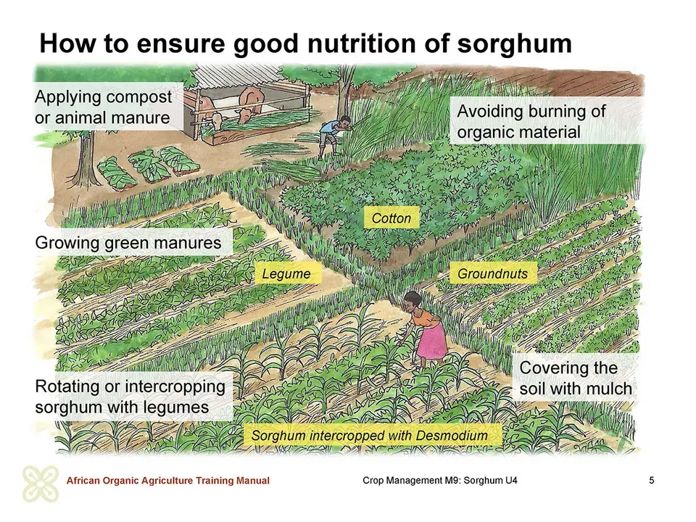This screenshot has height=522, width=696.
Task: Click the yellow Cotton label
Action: pos(391,218)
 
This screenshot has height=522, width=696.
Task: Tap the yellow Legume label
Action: pos(286,273)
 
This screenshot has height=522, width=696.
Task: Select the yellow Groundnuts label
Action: pos(493,273)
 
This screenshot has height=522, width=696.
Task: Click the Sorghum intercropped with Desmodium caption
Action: pos(369,436)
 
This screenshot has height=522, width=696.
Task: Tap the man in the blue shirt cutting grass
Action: pos(333,136)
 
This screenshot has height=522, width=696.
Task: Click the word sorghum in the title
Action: pos(515,43)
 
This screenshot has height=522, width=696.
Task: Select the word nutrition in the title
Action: pos(360,43)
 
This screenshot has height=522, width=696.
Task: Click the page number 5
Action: pos(651,480)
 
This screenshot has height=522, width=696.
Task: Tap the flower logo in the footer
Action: pos(41,484)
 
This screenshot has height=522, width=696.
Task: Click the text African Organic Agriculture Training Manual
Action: pos(167,480)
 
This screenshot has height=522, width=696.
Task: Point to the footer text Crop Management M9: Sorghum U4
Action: pos(439,480)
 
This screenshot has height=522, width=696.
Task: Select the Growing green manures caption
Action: pos(128,243)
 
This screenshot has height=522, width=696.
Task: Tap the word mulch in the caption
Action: pos(606,389)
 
